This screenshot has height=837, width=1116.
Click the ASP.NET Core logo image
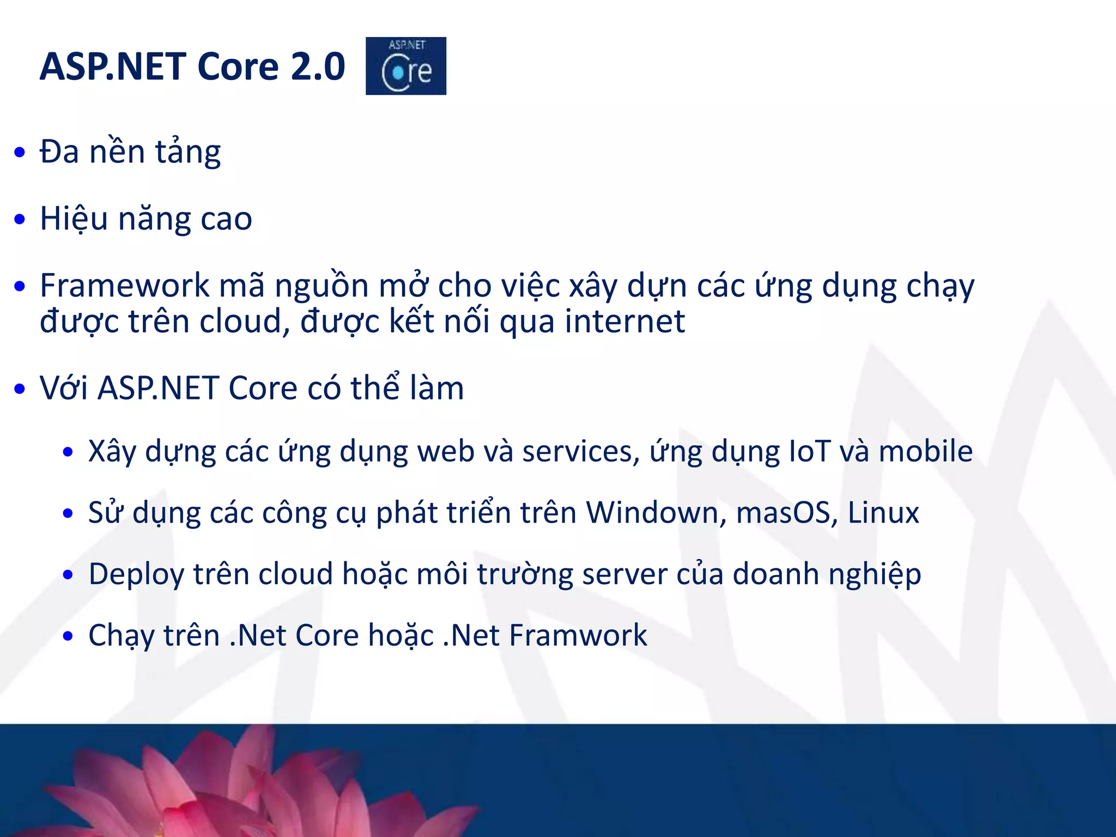point(405,66)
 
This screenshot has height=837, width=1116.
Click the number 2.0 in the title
point(318,66)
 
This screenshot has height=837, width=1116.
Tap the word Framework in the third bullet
point(125,285)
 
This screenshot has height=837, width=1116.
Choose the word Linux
point(883,512)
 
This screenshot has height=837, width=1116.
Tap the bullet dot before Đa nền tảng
point(20,153)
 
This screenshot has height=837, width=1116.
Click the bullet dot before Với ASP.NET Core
point(20,389)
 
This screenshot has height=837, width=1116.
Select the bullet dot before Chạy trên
point(68,636)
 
